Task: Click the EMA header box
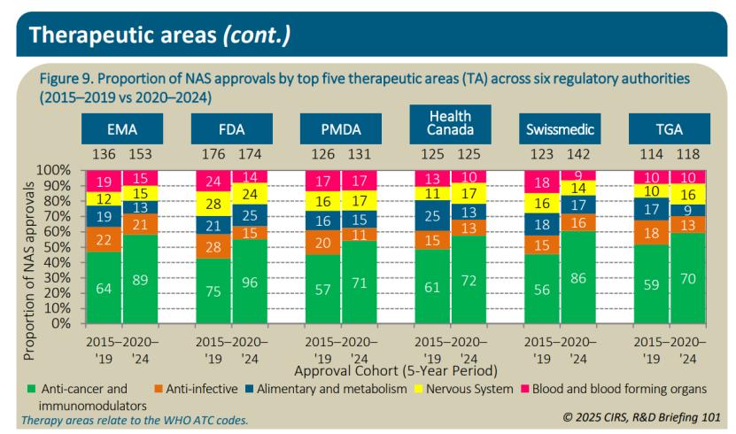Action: [121, 130]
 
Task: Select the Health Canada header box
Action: [449, 125]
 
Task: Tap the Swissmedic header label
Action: [559, 130]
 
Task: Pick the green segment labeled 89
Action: [140, 279]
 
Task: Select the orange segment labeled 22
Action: [103, 239]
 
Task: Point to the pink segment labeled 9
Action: [577, 175]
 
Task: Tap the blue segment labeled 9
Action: [686, 210]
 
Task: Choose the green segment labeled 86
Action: [577, 277]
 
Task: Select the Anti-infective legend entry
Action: [202, 388]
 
